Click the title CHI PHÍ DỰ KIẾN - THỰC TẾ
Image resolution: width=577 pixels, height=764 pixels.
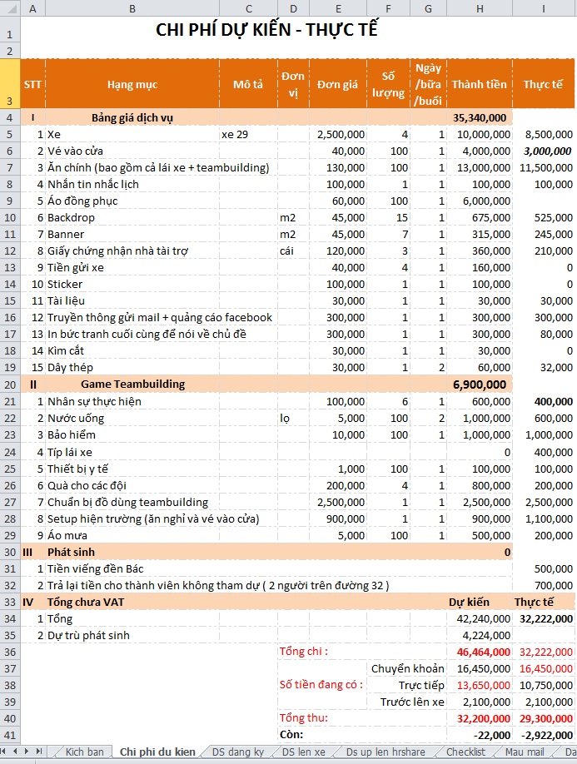pos(266,31)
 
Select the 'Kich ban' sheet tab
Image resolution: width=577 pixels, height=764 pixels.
pos(84,752)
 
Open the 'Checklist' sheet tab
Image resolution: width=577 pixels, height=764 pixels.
pos(465,752)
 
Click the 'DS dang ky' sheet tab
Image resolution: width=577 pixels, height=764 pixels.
pos(237,752)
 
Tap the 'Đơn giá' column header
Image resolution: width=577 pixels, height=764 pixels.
pos(337,84)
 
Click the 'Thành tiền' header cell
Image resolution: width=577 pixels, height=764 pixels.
pos(479,84)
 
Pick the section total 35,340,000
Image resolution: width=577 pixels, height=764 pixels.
pos(480,117)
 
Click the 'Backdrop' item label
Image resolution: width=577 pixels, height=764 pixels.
pos(71,217)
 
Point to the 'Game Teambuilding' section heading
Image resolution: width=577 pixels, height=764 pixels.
pos(132,384)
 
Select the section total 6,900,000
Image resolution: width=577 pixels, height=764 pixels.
pos(480,384)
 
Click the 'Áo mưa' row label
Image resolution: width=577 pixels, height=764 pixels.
pos(66,535)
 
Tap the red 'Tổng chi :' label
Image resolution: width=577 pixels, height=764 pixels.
pos(304,651)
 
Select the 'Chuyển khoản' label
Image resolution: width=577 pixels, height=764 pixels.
pos(408,668)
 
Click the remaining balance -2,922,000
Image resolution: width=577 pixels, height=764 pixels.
pos(546,735)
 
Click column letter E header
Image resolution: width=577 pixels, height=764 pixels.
pos(337,9)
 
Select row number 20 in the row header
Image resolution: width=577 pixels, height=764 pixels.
pos(9,384)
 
